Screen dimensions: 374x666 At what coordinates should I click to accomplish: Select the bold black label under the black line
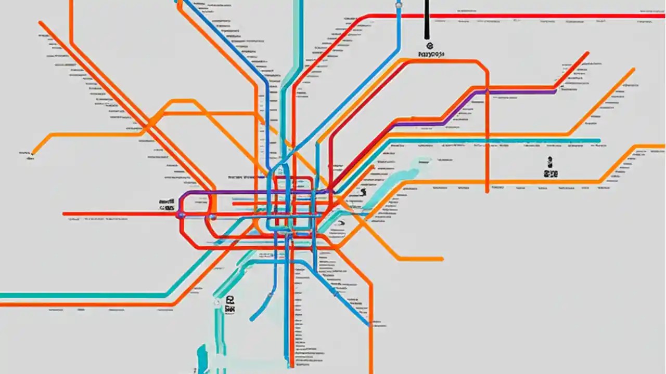[x=430, y=53]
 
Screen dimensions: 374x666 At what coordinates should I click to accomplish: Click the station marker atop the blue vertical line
[x=399, y=5]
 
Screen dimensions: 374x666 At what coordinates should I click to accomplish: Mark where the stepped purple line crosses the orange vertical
[x=487, y=92]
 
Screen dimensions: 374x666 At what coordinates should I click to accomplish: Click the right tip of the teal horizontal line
[x=599, y=140]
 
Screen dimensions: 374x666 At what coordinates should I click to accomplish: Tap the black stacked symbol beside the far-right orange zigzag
[x=550, y=168]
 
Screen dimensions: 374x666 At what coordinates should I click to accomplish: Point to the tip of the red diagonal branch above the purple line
[x=587, y=52]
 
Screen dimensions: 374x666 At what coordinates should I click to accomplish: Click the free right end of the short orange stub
[x=442, y=259]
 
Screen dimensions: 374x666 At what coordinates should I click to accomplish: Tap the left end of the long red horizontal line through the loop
[x=64, y=213]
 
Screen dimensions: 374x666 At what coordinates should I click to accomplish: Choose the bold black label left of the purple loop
[x=166, y=203]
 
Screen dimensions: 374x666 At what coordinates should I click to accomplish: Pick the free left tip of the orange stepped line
[x=32, y=154]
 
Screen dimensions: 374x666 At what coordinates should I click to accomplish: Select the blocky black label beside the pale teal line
[x=229, y=304]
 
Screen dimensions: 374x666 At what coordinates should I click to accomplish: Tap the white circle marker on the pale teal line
[x=217, y=301]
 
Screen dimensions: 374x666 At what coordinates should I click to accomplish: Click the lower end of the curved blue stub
[x=251, y=319]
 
